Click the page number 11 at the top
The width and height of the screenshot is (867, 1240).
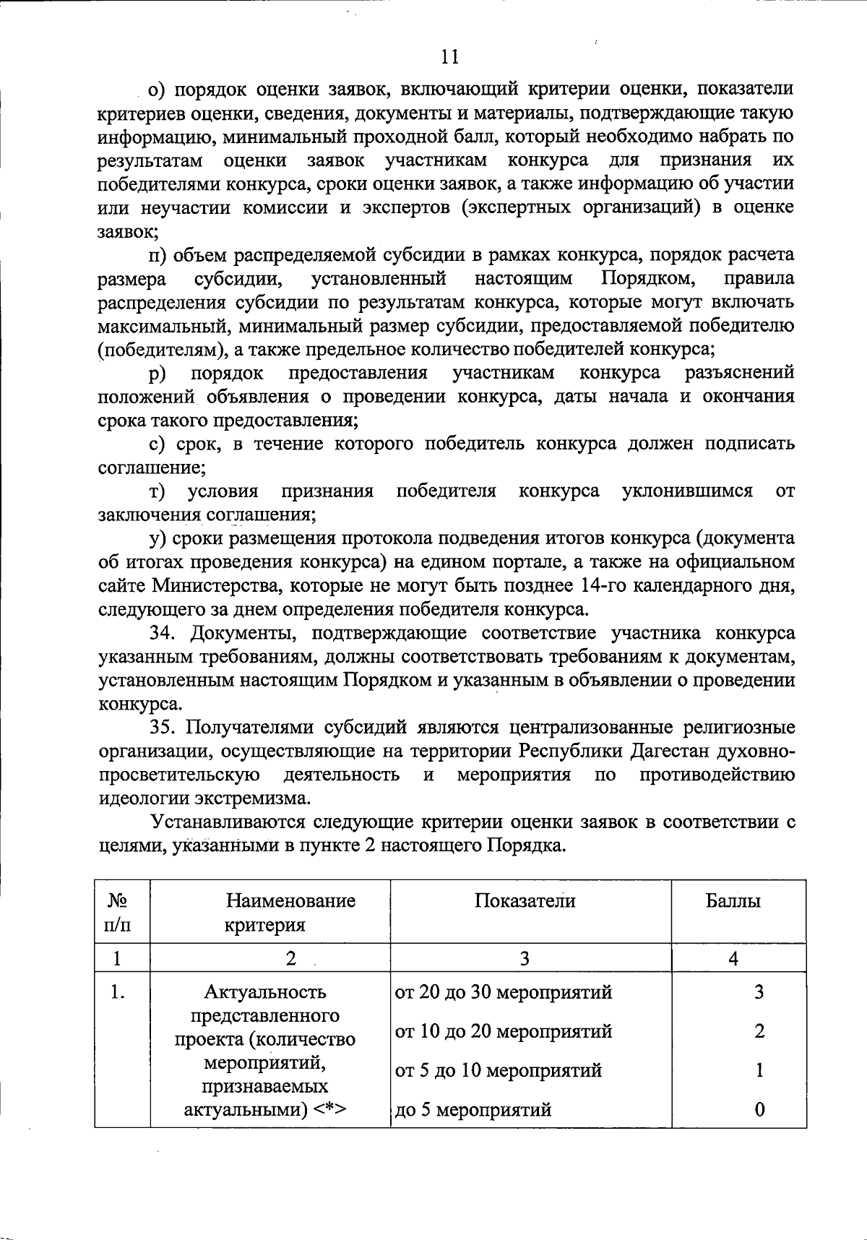pos(449,57)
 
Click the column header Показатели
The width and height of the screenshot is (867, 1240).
pos(525,900)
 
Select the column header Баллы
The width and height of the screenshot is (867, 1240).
pos(733,900)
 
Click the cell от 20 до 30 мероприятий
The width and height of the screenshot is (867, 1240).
pos(504,992)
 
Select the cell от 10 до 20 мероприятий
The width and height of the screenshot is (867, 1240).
pos(504,1031)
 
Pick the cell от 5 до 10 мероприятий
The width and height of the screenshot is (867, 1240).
pos(499,1070)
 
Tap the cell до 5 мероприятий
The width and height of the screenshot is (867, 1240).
pos(473,1109)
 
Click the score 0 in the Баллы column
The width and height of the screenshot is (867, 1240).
pos(759,1109)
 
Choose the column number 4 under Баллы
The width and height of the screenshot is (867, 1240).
pos(733,958)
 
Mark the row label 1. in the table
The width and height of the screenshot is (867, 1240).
pos(118,992)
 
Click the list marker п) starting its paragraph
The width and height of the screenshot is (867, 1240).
pos(158,255)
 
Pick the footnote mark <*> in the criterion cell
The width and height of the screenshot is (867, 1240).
pos(331,1109)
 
